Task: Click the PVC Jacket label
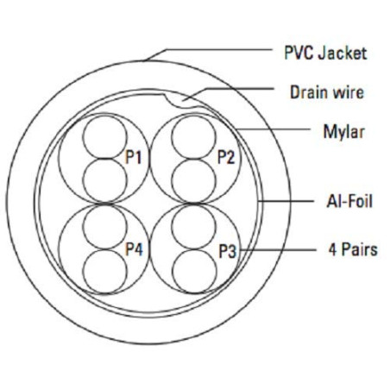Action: (325, 53)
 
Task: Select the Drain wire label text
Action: (327, 92)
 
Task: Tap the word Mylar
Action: (344, 132)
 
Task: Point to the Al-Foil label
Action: (349, 201)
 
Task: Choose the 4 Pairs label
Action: (353, 249)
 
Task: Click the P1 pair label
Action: (134, 158)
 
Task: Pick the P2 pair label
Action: (226, 158)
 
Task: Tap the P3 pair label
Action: (228, 251)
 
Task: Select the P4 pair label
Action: (134, 249)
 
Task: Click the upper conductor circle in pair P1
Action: (104, 136)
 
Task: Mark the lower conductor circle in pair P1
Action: (104, 180)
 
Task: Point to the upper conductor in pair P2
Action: (193, 136)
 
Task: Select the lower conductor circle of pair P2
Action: (193, 181)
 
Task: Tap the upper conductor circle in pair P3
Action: (193, 226)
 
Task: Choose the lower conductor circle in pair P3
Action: (195, 271)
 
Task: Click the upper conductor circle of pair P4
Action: (104, 226)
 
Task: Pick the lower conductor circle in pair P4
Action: (104, 271)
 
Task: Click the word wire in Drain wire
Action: (348, 92)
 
